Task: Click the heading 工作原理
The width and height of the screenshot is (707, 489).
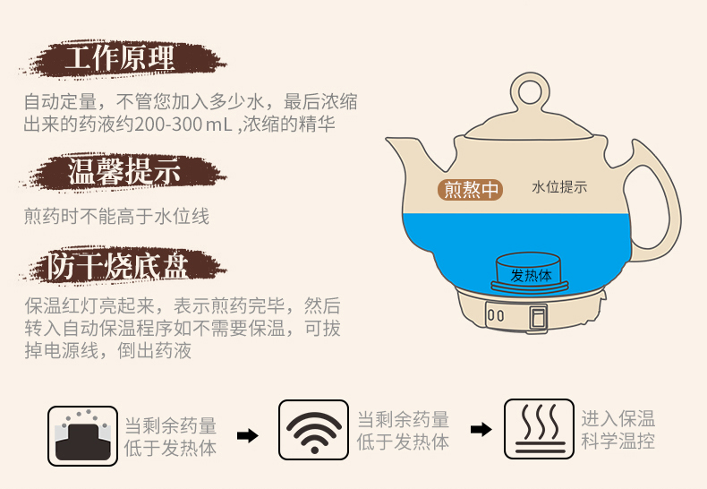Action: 120,57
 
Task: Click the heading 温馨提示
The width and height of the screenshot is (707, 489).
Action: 124,171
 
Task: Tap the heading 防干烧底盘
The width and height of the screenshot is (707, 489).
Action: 117,266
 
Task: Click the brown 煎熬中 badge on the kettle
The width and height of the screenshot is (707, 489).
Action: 470,190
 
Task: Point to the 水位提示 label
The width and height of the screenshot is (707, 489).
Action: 559,187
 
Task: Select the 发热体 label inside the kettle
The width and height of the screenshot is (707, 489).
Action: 531,275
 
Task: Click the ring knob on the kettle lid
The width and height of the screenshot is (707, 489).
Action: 530,91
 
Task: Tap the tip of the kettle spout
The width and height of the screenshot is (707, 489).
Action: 388,140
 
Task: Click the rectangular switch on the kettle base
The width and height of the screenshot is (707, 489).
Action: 538,317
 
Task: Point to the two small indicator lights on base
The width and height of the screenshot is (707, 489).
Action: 496,315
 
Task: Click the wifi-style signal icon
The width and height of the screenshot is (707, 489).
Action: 314,430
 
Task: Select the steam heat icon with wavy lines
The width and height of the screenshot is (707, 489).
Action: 539,429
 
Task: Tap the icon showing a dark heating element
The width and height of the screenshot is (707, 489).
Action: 82,436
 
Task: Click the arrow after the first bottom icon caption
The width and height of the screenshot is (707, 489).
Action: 248,436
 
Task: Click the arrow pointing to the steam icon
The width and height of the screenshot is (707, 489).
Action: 481,429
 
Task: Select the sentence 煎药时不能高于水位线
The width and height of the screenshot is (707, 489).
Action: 116,216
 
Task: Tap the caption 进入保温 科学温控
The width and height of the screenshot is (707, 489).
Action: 618,430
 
